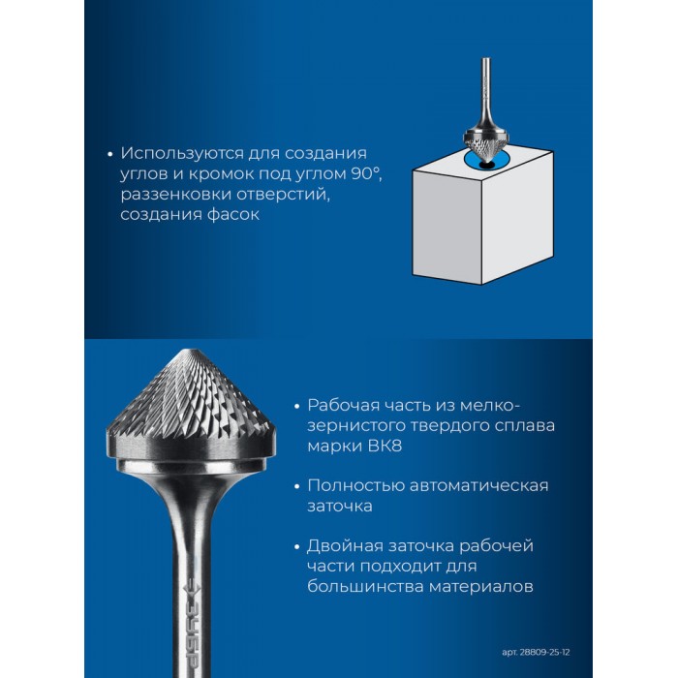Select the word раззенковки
[x=175, y=195]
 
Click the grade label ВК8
[x=385, y=446]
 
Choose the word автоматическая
[x=478, y=485]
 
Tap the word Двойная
[x=345, y=546]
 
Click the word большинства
[x=365, y=587]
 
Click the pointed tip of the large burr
[x=194, y=350]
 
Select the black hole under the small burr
[x=486, y=165]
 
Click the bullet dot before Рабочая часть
[x=296, y=407]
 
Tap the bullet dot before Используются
[x=109, y=154]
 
